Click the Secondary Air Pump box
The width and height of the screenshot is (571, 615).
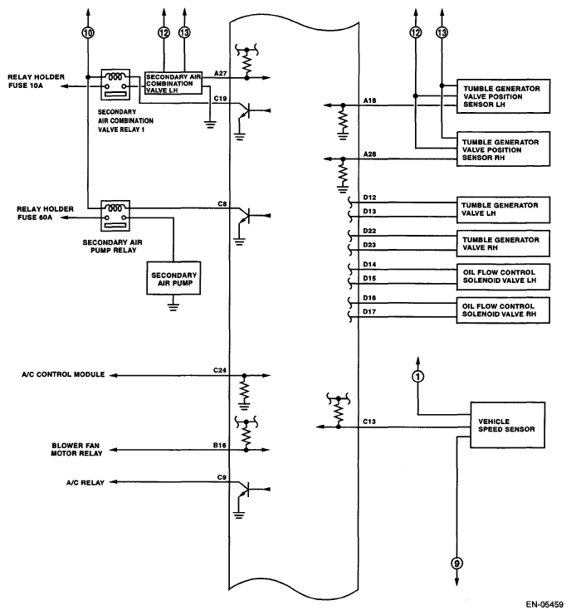173,278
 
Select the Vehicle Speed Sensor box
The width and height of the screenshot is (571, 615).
507,425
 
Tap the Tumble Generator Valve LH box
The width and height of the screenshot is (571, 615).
503,210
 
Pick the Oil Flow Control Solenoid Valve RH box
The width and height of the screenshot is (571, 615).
503,310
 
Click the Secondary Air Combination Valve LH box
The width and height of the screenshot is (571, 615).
173,83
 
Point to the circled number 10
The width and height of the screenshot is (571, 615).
88,32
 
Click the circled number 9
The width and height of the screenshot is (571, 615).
456,564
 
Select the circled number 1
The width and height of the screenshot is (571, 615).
418,377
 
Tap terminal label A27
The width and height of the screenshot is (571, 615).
221,73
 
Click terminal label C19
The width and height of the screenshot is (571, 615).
220,99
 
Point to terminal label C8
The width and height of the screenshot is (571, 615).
222,204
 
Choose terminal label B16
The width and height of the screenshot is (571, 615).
220,446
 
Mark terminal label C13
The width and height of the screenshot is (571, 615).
369,422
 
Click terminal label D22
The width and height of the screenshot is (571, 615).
369,231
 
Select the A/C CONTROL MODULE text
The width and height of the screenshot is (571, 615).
63,374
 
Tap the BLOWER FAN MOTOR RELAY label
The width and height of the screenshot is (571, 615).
77,450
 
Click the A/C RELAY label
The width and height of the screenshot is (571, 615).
85,483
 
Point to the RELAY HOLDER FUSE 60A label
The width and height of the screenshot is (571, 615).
45,213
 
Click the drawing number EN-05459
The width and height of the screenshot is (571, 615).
544,604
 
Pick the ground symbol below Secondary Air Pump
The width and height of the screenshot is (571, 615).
173,306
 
